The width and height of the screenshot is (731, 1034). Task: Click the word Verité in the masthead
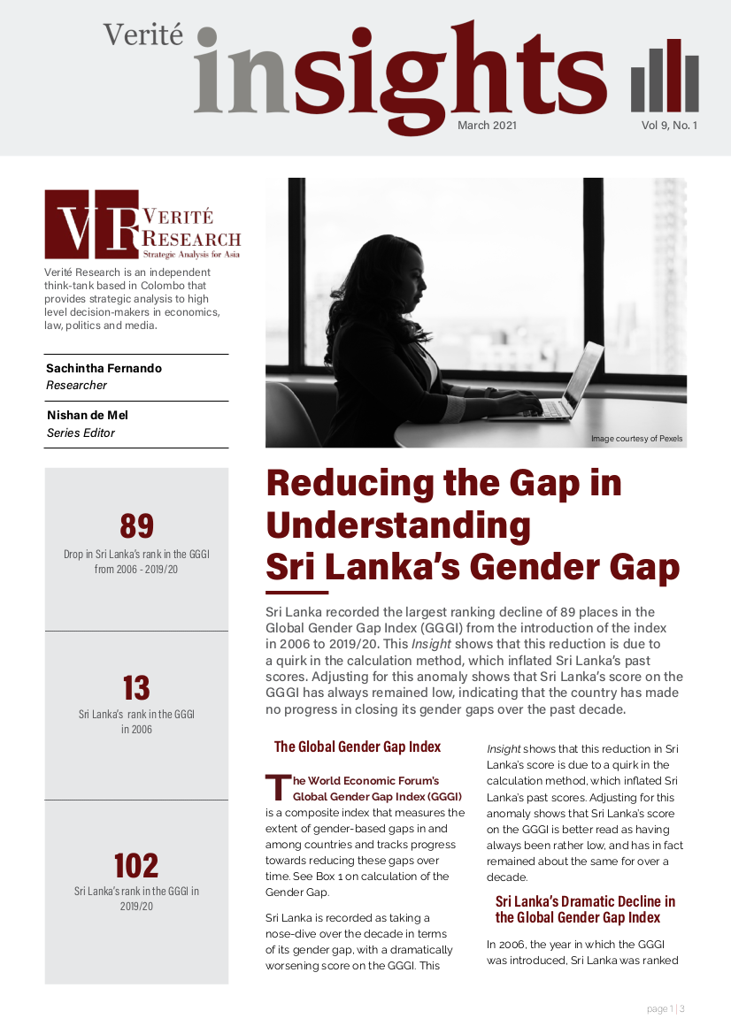pos(142,34)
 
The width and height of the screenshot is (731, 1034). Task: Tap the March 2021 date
pos(487,126)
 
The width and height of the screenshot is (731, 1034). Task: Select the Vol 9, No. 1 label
pos(669,126)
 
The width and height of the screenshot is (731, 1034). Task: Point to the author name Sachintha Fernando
pos(104,367)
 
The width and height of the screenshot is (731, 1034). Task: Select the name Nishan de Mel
pos(87,415)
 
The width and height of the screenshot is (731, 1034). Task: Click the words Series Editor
pos(81,433)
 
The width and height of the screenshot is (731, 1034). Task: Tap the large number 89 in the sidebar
pos(136,526)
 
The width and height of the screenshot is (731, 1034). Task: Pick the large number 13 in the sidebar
pos(136,688)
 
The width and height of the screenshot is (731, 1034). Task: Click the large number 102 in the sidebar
pos(136,865)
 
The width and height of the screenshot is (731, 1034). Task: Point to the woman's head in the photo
pos(376,274)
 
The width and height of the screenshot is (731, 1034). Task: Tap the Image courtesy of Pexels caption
pos(636,439)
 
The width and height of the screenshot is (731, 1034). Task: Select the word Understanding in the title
pos(398,525)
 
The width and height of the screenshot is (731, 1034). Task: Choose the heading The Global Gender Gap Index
pos(358,747)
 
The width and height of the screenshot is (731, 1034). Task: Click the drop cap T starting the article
pos(278,786)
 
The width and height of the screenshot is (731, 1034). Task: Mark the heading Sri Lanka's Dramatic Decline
pos(585,909)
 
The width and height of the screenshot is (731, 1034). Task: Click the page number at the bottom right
pos(665,1009)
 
